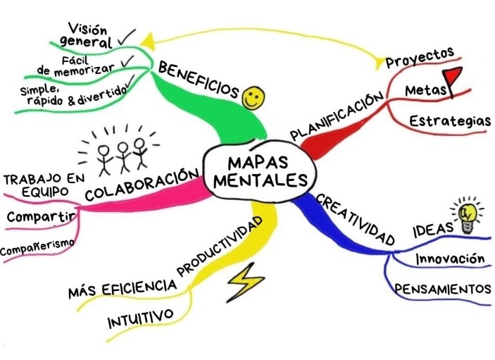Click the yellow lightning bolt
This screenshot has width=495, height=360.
[244, 281]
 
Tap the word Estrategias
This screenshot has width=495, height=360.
[450, 121]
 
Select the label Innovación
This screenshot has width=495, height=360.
[450, 259]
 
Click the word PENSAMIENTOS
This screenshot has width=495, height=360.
[441, 289]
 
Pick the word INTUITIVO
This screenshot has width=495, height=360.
[140, 318]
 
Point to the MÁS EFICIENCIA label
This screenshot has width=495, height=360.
[121, 287]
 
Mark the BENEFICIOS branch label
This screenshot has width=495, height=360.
[199, 80]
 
